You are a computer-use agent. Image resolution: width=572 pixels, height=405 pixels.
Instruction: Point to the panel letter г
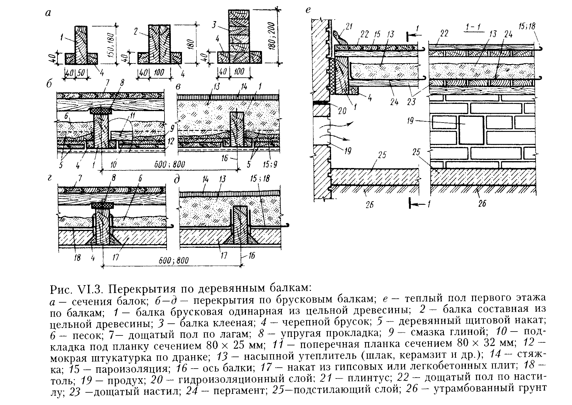click(x=50, y=179)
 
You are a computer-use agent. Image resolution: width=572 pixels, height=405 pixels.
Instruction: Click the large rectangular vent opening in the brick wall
click(x=471, y=130)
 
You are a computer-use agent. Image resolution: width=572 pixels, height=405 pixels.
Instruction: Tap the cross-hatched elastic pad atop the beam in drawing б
click(x=102, y=111)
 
